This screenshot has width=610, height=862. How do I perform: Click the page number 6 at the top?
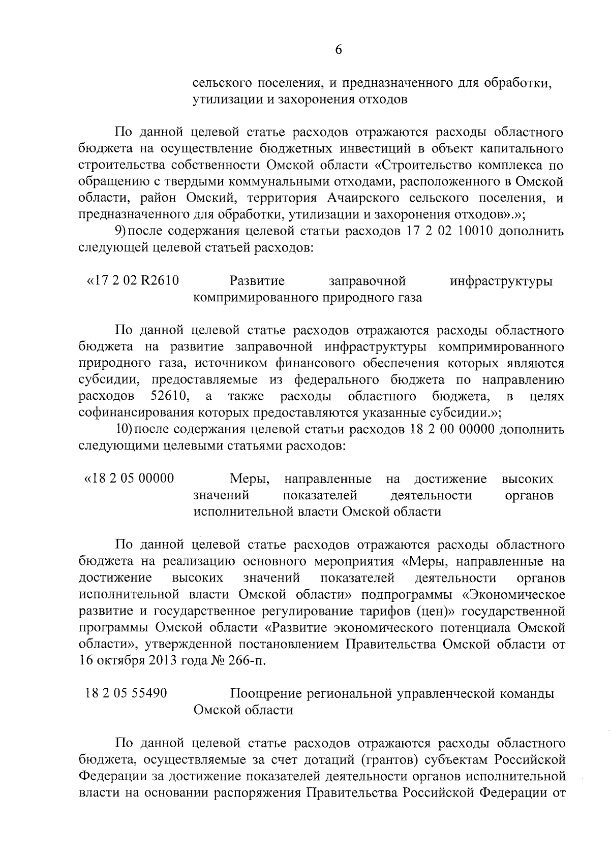[338, 49]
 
